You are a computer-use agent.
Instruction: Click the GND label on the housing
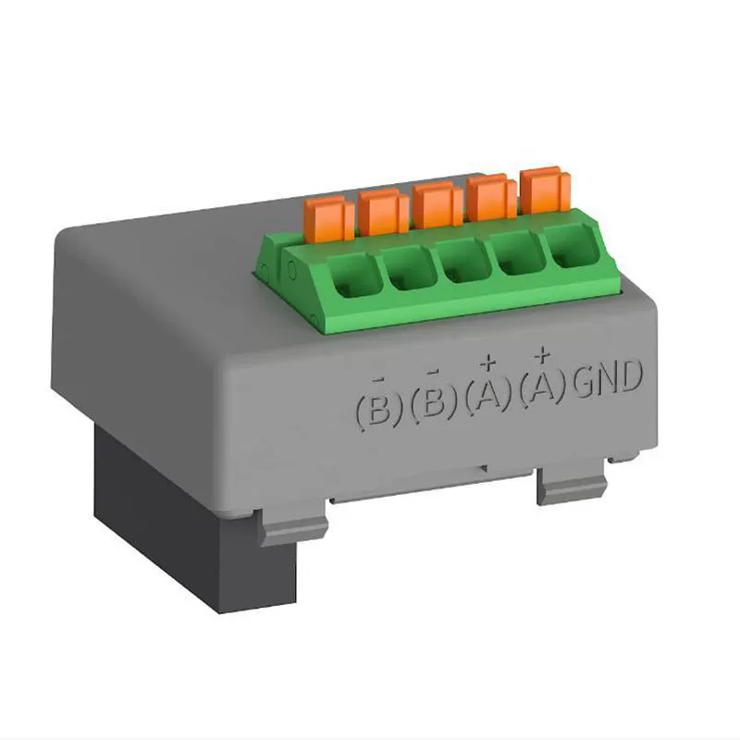pyautogui.click(x=608, y=380)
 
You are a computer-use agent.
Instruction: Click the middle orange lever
pyautogui.click(x=433, y=204)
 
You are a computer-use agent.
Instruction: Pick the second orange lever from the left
pyautogui.click(x=377, y=212)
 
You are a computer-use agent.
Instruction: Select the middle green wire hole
pyautogui.click(x=460, y=265)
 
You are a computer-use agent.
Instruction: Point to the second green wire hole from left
pyautogui.click(x=405, y=272)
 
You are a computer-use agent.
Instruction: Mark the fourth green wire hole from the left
pyautogui.click(x=513, y=256)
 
